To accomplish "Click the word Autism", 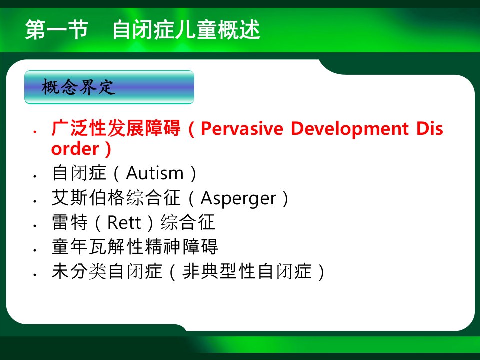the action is point(154,173).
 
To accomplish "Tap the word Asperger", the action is point(238,198).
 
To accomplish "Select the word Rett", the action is point(124,223).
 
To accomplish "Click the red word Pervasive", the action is point(242,128).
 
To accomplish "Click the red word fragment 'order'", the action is point(75,149).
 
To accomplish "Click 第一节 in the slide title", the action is point(57,30).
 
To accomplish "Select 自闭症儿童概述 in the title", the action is point(186,30).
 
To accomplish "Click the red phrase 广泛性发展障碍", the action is point(116,128).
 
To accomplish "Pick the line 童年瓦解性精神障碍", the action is point(135,246).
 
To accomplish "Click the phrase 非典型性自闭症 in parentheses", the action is point(247,271).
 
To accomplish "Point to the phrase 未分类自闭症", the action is point(107,271).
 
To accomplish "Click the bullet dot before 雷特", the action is point(35,226).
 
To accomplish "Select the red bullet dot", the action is point(35,132).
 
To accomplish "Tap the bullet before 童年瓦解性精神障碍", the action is point(35,250).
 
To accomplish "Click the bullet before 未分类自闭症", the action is point(35,275).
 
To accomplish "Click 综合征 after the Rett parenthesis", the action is point(188,222).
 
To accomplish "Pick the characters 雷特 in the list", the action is point(70,222).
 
